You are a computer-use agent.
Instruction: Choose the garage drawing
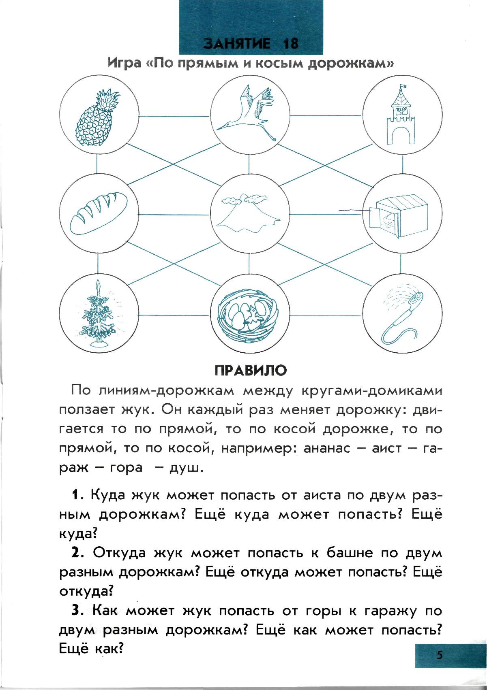tap(400, 217)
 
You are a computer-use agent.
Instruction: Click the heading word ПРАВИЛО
tap(250, 370)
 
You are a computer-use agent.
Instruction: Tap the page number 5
tap(440, 655)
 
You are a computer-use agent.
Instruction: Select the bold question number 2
tap(76, 553)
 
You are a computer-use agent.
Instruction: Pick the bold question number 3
tap(76, 611)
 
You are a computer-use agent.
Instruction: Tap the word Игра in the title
tap(123, 64)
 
